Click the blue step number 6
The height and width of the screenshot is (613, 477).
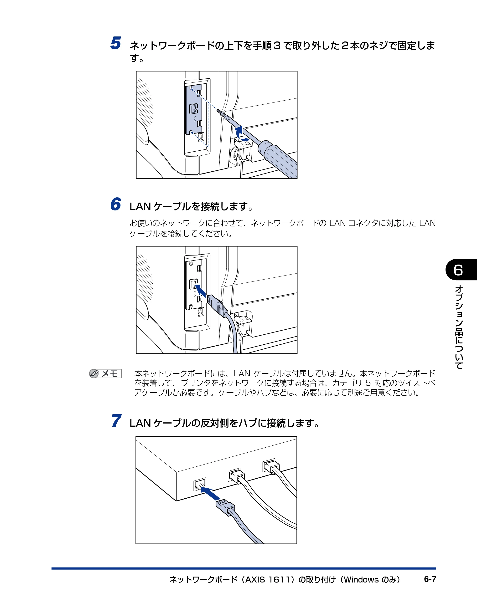(115, 204)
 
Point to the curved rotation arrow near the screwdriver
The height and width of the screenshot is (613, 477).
(240, 134)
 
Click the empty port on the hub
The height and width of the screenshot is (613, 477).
(199, 485)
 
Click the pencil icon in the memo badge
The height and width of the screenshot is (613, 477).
(94, 373)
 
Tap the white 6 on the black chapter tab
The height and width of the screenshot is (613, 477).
(458, 270)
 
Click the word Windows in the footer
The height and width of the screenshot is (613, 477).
(361, 580)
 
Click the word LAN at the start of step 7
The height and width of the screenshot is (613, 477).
(140, 423)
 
